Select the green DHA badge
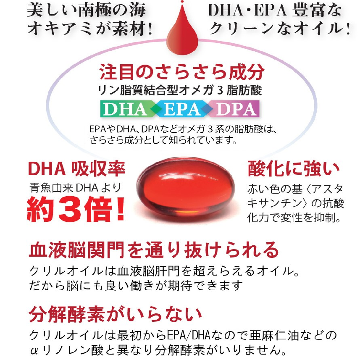tap(124, 109)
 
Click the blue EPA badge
tap(181, 109)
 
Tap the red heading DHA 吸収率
tap(76, 168)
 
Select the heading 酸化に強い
tap(293, 168)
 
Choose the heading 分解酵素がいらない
tap(116, 313)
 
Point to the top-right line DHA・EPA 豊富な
tap(275, 11)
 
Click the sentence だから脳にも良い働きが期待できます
tap(137, 286)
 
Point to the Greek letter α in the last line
tap(35, 350)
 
